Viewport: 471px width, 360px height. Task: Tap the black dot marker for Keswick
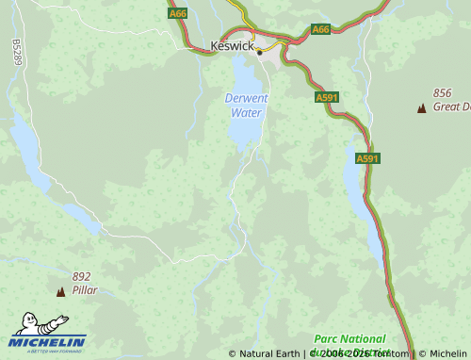[x=259, y=53]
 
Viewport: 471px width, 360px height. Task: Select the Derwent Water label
[x=246, y=105]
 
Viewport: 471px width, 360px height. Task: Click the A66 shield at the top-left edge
[x=177, y=13]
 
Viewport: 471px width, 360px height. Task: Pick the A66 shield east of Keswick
[x=320, y=29]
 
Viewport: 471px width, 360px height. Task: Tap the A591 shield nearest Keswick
[x=327, y=97]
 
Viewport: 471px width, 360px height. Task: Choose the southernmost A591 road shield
[x=367, y=158]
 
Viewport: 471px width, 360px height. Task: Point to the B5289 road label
[x=17, y=51]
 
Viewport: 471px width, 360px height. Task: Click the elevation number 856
[x=443, y=93]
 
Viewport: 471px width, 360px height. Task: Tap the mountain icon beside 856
[x=421, y=108]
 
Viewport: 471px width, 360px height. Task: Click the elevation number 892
[x=82, y=277]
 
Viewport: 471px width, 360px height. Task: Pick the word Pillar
[x=85, y=290]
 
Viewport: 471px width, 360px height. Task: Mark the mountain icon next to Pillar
[x=61, y=292]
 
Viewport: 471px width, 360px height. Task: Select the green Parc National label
[x=349, y=338]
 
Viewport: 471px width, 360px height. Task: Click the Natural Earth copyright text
[x=265, y=354]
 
